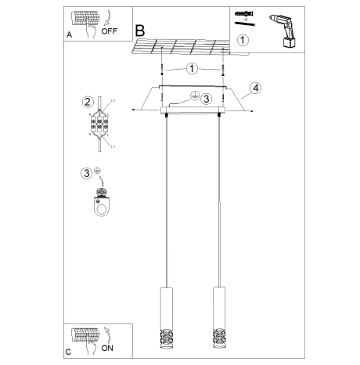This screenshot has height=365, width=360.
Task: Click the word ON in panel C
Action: pyautogui.click(x=108, y=345)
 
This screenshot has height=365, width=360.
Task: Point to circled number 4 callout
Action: pyautogui.click(x=255, y=89)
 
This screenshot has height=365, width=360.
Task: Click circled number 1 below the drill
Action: pyautogui.click(x=243, y=40)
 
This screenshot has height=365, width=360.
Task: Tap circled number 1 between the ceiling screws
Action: pyautogui.click(x=193, y=68)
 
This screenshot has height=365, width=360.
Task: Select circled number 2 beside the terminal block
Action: pyautogui.click(x=88, y=102)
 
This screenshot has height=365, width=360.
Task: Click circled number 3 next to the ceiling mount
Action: pyautogui.click(x=205, y=99)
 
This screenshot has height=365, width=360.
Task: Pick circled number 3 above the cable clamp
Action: pyautogui.click(x=86, y=173)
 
